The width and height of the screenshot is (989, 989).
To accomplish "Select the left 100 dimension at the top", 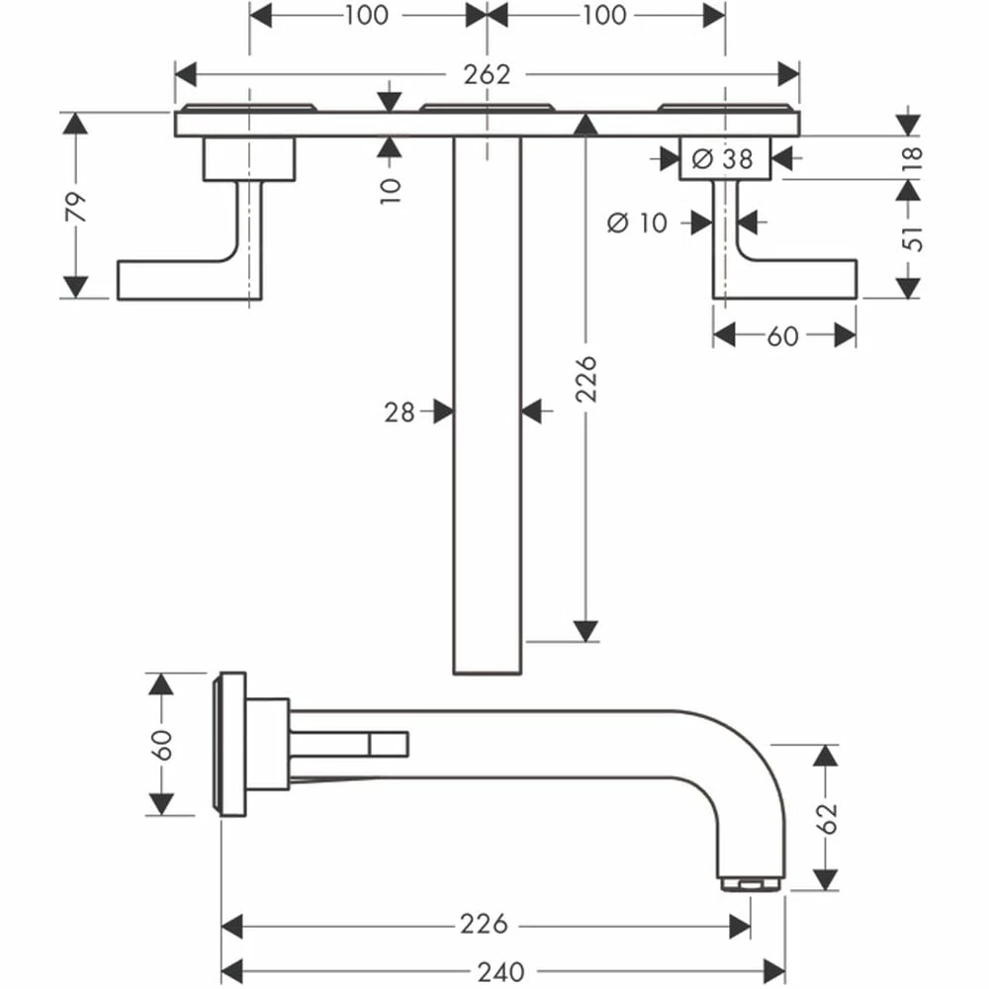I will point(366,15).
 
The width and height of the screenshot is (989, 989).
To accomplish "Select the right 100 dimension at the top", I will point(604,15).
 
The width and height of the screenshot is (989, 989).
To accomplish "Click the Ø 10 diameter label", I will point(637,223).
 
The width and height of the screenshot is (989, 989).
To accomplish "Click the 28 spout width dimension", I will point(400,411).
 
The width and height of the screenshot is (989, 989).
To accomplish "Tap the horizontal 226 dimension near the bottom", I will point(484,925).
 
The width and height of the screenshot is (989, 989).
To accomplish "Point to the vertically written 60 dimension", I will point(162,744).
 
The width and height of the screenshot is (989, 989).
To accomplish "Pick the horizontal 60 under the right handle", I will point(781,336).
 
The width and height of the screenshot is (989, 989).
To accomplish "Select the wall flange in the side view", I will point(231,744).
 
